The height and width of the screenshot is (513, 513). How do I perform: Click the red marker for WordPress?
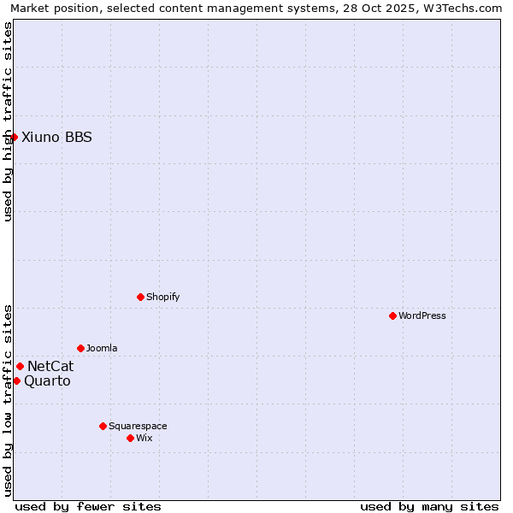click(x=392, y=315)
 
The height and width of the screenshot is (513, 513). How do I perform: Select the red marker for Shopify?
click(x=140, y=297)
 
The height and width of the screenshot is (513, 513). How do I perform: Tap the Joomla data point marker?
click(x=80, y=348)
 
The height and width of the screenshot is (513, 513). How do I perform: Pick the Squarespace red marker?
click(x=103, y=426)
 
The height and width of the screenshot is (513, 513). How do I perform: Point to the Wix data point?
click(x=130, y=438)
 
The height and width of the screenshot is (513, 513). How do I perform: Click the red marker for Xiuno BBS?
click(x=14, y=137)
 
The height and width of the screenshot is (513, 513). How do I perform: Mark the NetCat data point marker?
click(x=20, y=366)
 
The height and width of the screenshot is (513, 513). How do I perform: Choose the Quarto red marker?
click(x=16, y=380)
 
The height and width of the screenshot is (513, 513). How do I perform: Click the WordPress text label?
click(x=422, y=315)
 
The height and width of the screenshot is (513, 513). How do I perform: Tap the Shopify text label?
click(x=162, y=297)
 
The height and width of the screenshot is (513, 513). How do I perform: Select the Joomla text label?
click(x=102, y=348)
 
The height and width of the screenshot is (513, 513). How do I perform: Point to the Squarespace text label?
click(x=138, y=426)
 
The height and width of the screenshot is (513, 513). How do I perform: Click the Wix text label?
click(x=144, y=438)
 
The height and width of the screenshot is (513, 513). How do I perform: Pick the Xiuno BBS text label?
click(x=56, y=137)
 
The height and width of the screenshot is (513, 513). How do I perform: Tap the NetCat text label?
click(x=50, y=366)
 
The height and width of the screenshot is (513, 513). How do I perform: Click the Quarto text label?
click(x=47, y=380)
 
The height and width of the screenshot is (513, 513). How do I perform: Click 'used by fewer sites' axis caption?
click(x=88, y=506)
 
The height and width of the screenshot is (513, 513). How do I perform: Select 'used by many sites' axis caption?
click(x=429, y=506)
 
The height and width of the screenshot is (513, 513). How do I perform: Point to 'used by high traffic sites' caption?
click(x=8, y=121)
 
